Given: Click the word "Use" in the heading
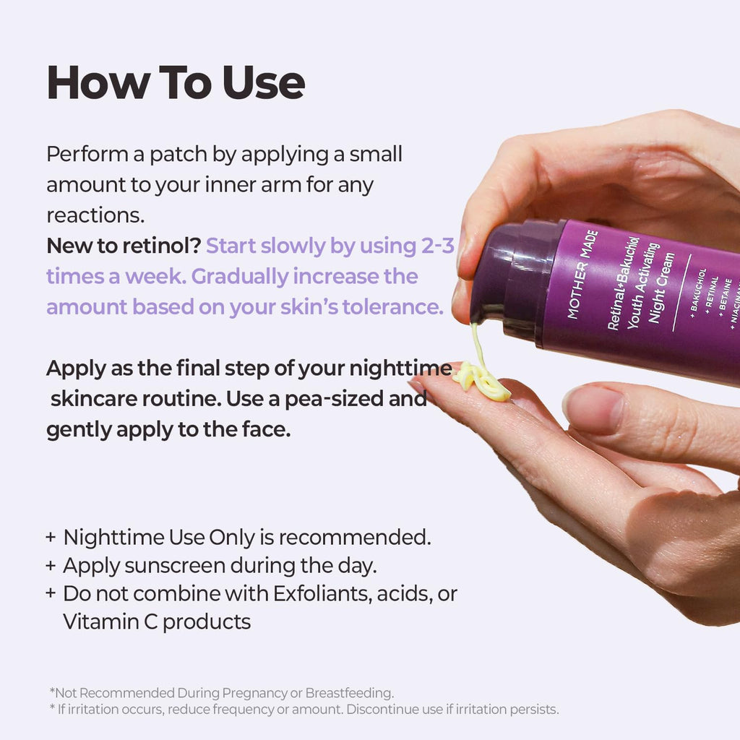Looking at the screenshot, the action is coord(264,82).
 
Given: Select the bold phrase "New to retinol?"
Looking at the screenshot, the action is coord(124,246).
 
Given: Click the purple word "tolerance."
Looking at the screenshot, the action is coord(392,306).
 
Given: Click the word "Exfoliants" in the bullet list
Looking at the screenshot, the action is coord(320,594).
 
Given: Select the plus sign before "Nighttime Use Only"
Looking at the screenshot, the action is coord(51,538).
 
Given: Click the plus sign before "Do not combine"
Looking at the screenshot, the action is coord(51,593).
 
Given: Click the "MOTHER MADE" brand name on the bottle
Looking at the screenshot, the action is coord(582,274).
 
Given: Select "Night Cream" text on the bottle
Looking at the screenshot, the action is coord(661,288).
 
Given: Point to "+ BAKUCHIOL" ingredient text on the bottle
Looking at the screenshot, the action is coord(698,293).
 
